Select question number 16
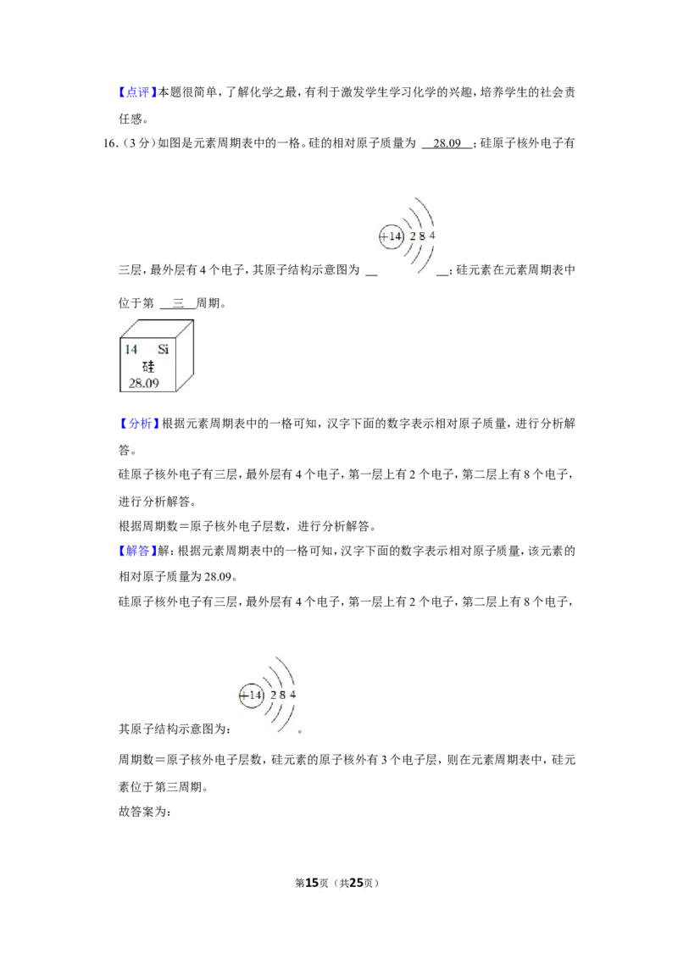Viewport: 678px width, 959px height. tap(111, 143)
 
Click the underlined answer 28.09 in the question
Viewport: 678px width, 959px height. tap(447, 143)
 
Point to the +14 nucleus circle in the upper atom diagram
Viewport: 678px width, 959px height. tap(392, 236)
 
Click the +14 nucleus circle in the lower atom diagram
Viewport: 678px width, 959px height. tap(251, 696)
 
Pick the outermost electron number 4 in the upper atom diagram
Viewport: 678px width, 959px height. tap(432, 236)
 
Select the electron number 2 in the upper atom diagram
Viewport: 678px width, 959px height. tap(413, 236)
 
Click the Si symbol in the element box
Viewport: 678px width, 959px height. tap(163, 349)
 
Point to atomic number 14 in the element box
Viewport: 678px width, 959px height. tap(131, 349)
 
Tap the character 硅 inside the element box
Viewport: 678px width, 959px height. tap(148, 366)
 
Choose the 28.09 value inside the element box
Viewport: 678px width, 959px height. tap(144, 384)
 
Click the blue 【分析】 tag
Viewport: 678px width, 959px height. tap(139, 424)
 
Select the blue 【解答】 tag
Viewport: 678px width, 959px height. tap(137, 551)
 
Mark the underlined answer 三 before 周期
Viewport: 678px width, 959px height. tap(178, 302)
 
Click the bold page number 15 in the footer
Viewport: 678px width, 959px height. tap(312, 883)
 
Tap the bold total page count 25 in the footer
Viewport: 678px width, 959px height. tap(356, 883)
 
